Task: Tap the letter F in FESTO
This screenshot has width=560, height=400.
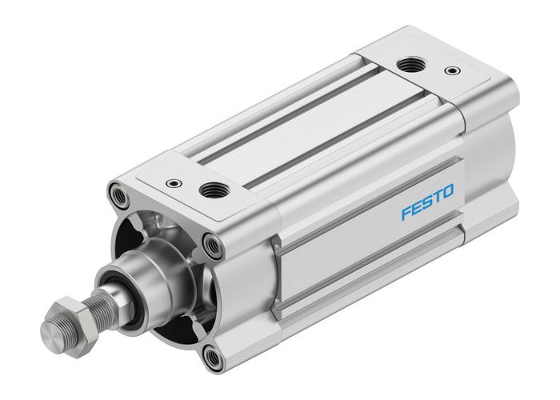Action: pyautogui.click(x=406, y=214)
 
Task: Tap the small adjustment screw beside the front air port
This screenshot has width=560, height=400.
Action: pyautogui.click(x=172, y=183)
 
